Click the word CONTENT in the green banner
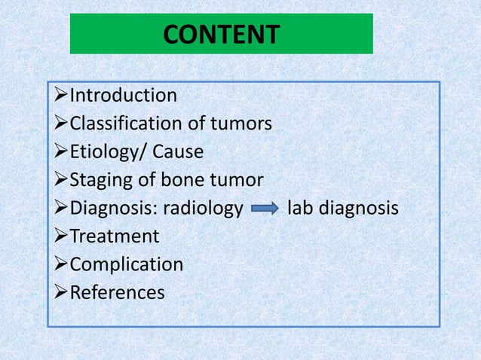click(x=221, y=35)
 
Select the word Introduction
click(x=124, y=96)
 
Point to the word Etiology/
click(x=109, y=152)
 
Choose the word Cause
click(x=178, y=152)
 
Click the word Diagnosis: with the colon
click(x=111, y=209)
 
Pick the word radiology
click(x=200, y=209)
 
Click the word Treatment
click(x=114, y=236)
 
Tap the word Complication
click(x=126, y=265)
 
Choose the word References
click(x=117, y=292)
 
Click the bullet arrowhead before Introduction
click(x=61, y=96)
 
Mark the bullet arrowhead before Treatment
click(x=61, y=236)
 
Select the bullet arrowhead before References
click(x=61, y=292)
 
